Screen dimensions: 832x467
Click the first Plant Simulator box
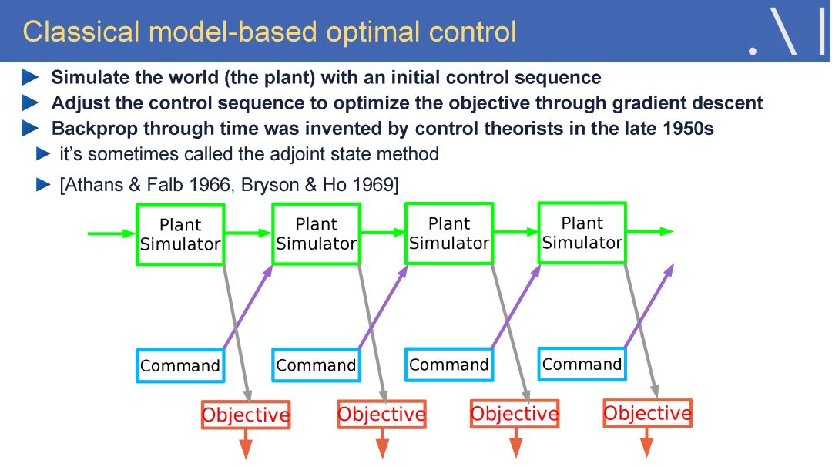tap(180, 234)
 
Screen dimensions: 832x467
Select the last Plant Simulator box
tap(582, 233)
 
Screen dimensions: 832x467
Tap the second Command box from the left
tap(317, 365)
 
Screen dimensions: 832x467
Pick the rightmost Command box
tap(582, 364)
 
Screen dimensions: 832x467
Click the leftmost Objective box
tap(246, 415)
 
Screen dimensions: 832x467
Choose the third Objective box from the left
tap(515, 413)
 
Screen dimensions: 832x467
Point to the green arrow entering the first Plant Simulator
tap(112, 234)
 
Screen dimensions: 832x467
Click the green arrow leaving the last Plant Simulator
tap(650, 231)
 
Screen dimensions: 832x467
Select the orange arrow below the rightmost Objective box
tap(647, 442)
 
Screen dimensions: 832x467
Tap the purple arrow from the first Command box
tap(248, 307)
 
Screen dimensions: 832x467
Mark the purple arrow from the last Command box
tap(649, 306)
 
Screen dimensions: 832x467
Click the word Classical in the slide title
tap(81, 32)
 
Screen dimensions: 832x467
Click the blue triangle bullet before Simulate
tap(30, 78)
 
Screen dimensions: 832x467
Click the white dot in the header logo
tap(753, 51)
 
